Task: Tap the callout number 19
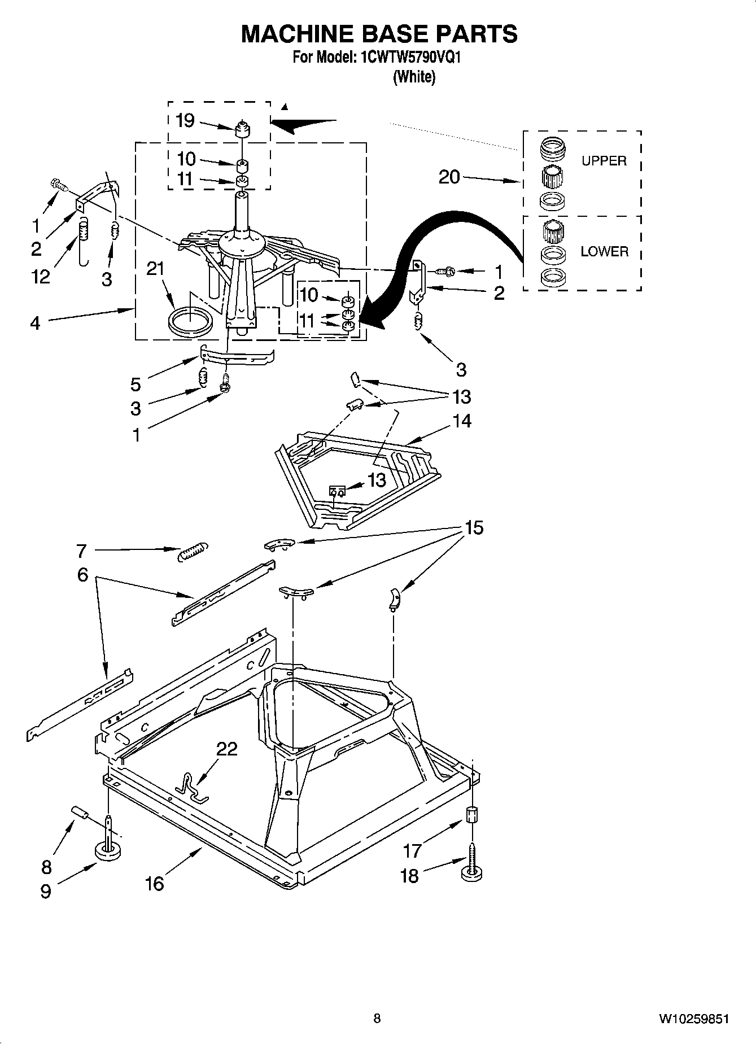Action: (185, 120)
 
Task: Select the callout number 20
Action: (449, 177)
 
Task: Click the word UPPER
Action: (604, 161)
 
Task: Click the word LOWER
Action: (604, 252)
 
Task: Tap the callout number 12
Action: (41, 277)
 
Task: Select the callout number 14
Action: (462, 421)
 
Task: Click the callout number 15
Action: (474, 528)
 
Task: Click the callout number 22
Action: (227, 749)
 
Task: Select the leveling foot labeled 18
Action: (472, 873)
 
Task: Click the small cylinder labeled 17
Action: (472, 816)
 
